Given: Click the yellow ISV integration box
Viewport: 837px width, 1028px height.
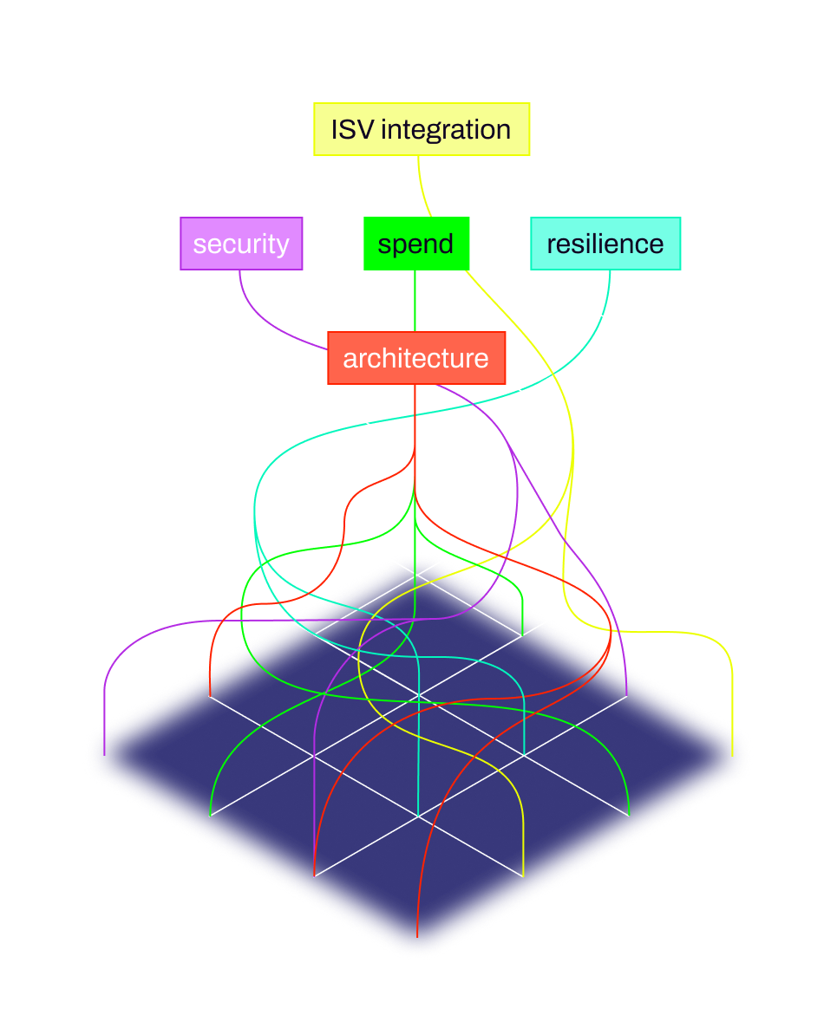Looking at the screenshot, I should tap(422, 129).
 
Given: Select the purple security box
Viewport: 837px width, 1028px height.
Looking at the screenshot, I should tap(241, 244).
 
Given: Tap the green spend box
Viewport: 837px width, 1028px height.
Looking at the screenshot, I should tap(416, 244).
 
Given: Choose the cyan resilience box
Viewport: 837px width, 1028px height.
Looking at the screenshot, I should tap(605, 244).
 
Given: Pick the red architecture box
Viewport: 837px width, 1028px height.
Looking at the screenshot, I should tap(416, 357).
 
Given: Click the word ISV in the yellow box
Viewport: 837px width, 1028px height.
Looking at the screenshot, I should tap(351, 129).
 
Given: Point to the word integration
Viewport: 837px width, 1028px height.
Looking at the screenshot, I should tap(446, 130).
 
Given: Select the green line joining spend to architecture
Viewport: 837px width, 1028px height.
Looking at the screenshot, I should tap(415, 300).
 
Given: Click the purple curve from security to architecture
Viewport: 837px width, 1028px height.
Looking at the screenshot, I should tap(269, 322).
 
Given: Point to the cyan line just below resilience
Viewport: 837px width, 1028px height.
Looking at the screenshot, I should tap(609, 290).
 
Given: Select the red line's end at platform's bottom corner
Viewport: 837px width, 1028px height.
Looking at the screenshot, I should tap(417, 934).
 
